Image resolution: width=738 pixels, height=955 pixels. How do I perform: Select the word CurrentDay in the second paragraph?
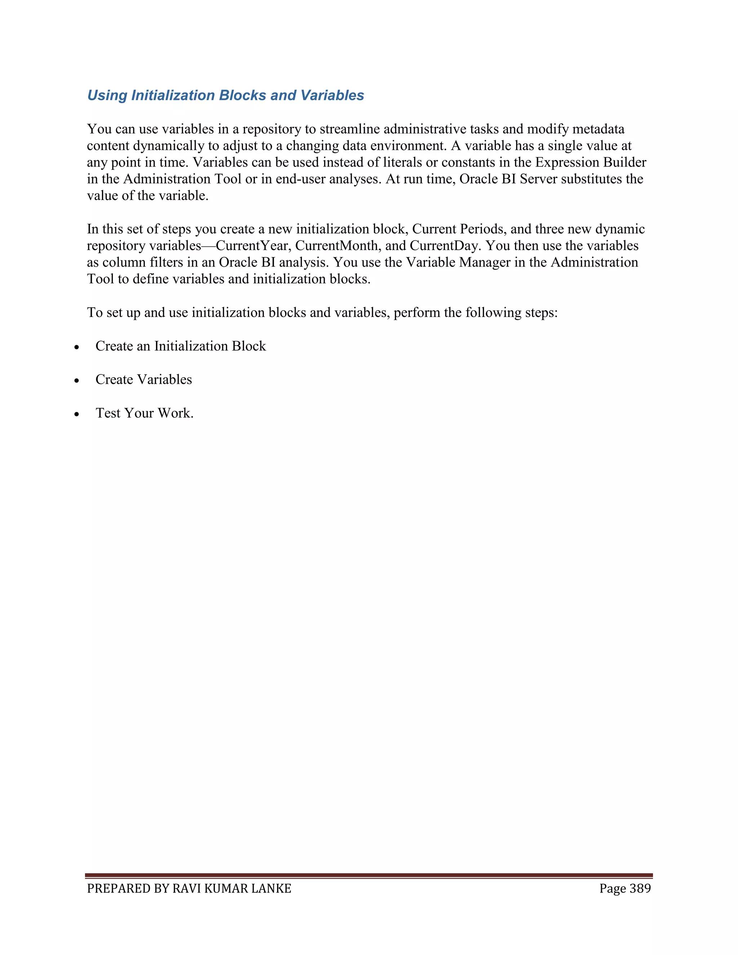tap(445, 246)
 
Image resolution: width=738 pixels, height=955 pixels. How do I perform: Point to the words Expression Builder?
tap(590, 163)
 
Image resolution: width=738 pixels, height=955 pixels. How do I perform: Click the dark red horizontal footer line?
tap(369, 875)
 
